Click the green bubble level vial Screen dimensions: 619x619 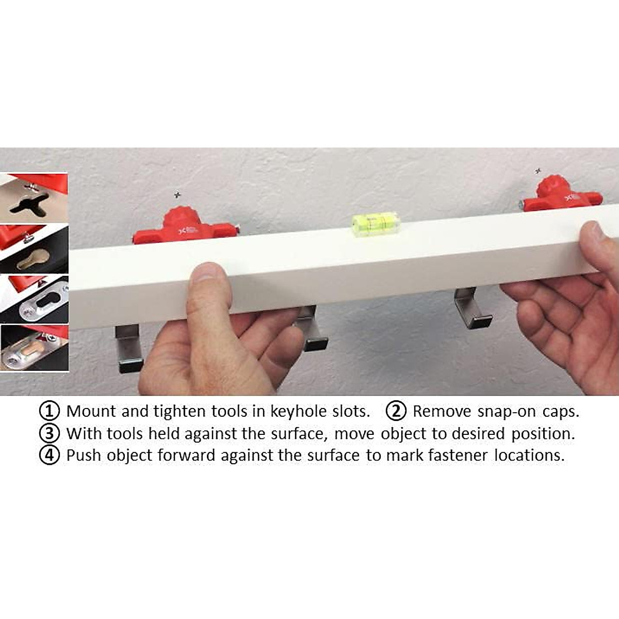(376, 223)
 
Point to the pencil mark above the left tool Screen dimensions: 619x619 (178, 194)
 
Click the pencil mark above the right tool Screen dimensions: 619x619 (538, 170)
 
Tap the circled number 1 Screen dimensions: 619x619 (49, 411)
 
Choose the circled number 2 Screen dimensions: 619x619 (396, 411)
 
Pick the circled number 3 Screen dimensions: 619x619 (49, 433)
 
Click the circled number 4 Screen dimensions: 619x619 (49, 455)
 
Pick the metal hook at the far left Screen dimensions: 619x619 (128, 348)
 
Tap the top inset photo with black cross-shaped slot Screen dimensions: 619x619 (34, 199)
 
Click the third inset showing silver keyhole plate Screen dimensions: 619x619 (34, 299)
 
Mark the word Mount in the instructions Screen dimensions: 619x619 (91, 411)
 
